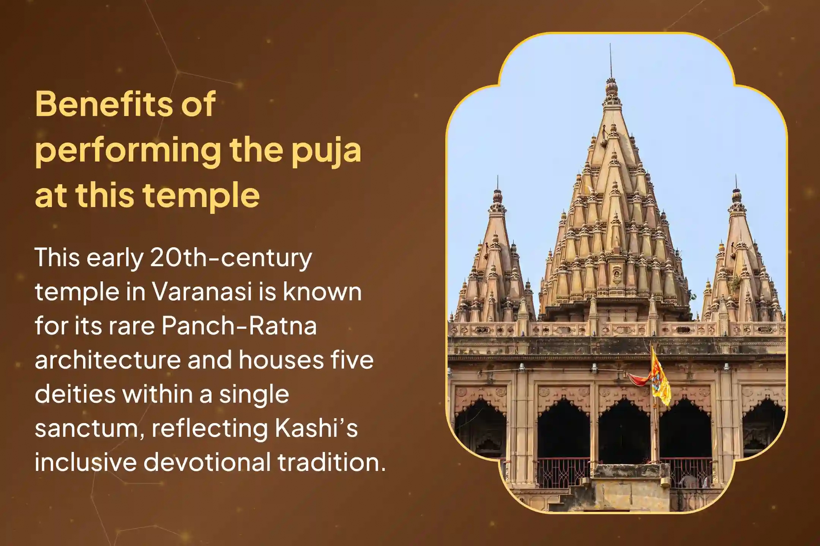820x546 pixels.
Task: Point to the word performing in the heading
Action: tap(128, 150)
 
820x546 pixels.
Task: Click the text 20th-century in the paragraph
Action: tap(231, 258)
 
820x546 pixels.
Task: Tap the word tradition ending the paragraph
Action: tap(331, 462)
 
